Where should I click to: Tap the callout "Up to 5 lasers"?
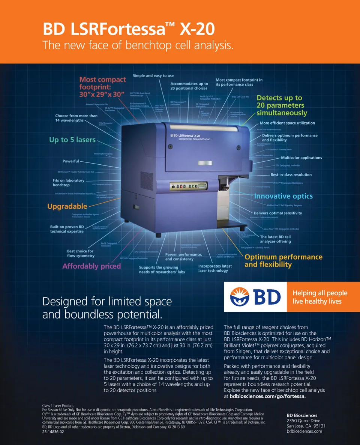(x=72, y=140)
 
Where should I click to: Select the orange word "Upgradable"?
(x=67, y=206)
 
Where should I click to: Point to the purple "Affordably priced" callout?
(x=91, y=266)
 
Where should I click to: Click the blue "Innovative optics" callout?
(x=283, y=196)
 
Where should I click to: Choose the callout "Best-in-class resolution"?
(x=291, y=174)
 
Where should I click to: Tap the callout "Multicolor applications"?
(x=301, y=158)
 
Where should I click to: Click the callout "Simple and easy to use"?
(x=153, y=76)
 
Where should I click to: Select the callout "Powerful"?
(x=70, y=161)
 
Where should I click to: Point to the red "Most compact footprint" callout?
(x=102, y=87)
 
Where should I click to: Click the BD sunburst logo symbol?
(x=242, y=297)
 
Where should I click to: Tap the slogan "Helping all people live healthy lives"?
(x=320, y=297)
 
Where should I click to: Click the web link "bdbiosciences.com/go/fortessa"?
(x=267, y=396)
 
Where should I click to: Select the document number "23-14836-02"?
(x=53, y=431)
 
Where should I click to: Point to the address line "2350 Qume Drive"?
(x=303, y=421)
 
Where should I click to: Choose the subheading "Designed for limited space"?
(x=107, y=301)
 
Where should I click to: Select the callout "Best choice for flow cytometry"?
(x=81, y=253)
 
